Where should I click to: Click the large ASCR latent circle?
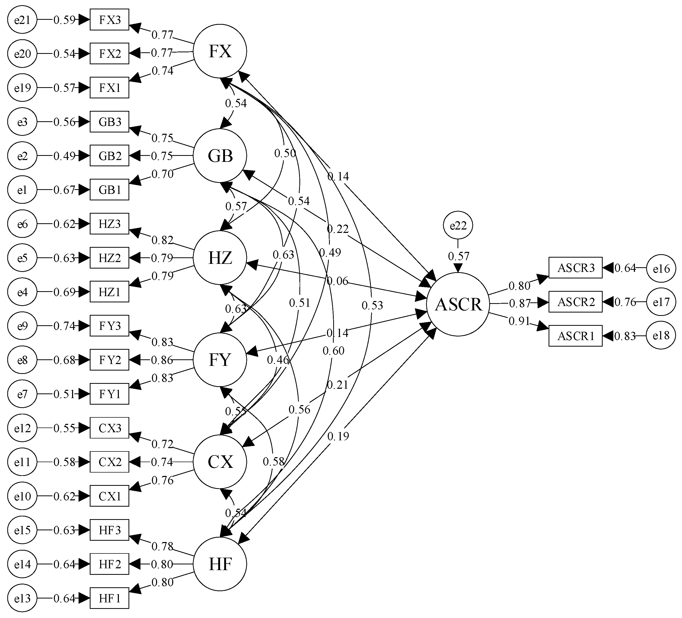pos(458,304)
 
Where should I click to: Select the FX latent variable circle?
pos(220,51)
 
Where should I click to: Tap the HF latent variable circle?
pos(220,564)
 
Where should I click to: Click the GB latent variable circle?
pos(220,156)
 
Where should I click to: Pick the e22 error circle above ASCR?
pos(458,225)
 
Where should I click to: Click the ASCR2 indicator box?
pos(575,302)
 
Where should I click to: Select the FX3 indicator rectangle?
pos(109,20)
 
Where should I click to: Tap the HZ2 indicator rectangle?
pos(109,258)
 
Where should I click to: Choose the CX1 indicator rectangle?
pos(109,496)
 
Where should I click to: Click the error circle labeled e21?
pos(22,20)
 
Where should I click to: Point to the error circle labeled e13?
pos(22,598)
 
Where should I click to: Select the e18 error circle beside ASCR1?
pos(661,335)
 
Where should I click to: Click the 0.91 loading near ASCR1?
pos(519,321)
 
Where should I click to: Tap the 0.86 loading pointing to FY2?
pos(162,360)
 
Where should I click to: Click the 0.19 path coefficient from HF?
pos(338,436)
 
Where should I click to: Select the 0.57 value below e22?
pos(458,256)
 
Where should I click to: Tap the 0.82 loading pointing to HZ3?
pos(162,240)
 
